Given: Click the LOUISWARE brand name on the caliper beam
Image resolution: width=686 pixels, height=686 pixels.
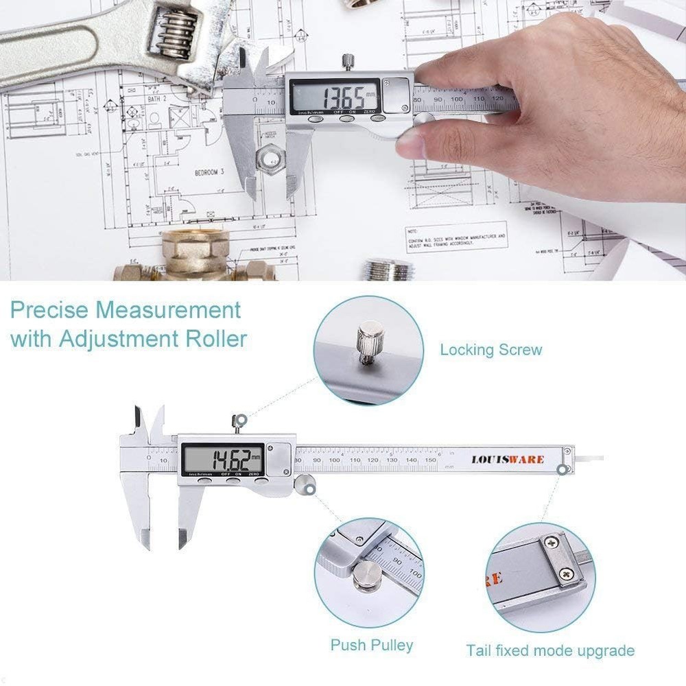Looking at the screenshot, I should (x=508, y=458).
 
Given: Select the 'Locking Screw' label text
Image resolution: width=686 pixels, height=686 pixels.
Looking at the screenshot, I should (x=490, y=350).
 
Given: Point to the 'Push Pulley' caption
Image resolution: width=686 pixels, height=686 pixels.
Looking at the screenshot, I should (x=372, y=645).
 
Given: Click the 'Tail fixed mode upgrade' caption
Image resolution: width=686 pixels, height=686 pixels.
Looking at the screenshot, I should (x=550, y=650).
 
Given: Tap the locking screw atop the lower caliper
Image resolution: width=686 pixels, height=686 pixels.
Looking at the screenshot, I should (x=239, y=421).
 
